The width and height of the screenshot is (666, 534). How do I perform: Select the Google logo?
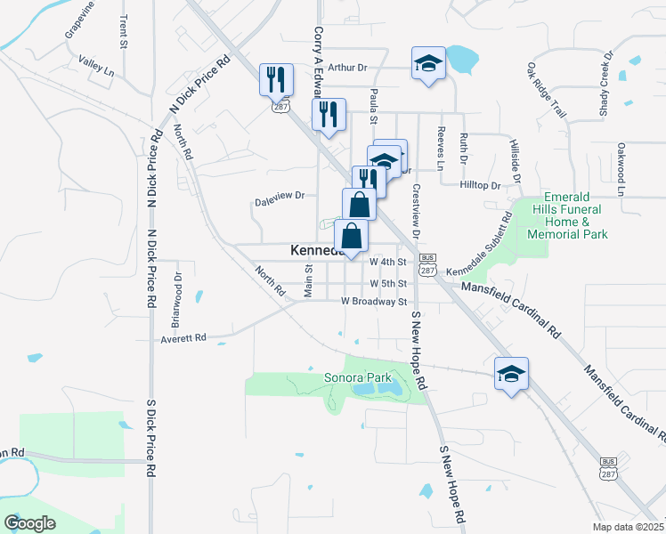(29, 523)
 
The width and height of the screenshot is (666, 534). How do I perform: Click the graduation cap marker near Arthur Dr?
(428, 64)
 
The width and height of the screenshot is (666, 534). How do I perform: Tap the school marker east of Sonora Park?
(511, 375)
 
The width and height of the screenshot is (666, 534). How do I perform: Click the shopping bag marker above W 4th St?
(353, 237)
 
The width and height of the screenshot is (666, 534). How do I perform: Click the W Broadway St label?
(374, 302)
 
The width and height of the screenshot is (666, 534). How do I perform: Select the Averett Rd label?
(183, 338)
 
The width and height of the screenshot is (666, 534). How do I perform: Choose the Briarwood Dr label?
(179, 287)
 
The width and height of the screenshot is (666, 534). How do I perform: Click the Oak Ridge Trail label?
(546, 89)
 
